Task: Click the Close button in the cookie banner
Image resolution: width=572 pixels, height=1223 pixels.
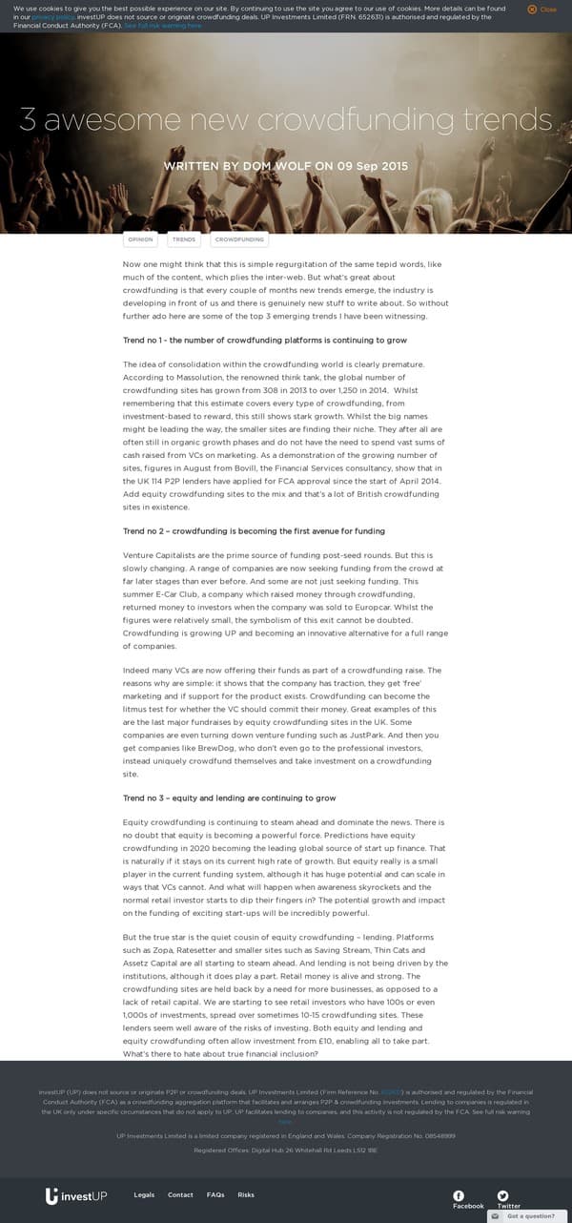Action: tap(541, 10)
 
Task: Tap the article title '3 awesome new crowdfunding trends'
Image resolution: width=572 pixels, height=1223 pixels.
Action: tap(285, 120)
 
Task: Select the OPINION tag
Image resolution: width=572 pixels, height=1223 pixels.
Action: tap(140, 239)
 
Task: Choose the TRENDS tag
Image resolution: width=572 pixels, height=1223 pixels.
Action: tap(184, 239)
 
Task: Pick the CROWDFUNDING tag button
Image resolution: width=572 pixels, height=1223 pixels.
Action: tap(239, 239)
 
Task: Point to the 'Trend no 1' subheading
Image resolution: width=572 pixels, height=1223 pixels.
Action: tap(265, 341)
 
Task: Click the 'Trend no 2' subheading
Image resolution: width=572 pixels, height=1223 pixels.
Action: tap(254, 530)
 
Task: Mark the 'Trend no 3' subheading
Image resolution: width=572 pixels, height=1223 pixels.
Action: tap(229, 798)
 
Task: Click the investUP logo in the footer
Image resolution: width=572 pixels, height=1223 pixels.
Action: tap(76, 1196)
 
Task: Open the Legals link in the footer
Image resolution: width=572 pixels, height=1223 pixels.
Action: tap(144, 1195)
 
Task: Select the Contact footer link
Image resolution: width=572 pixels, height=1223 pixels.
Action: tap(180, 1195)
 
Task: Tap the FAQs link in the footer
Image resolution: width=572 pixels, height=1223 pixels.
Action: tap(215, 1195)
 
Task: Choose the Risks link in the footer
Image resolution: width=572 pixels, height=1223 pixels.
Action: tap(246, 1195)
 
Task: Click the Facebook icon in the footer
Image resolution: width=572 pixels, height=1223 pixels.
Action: tap(459, 1195)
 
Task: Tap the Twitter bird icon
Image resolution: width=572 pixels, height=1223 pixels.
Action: tap(502, 1195)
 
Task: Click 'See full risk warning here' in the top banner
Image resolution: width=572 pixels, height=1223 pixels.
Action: tap(163, 26)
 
